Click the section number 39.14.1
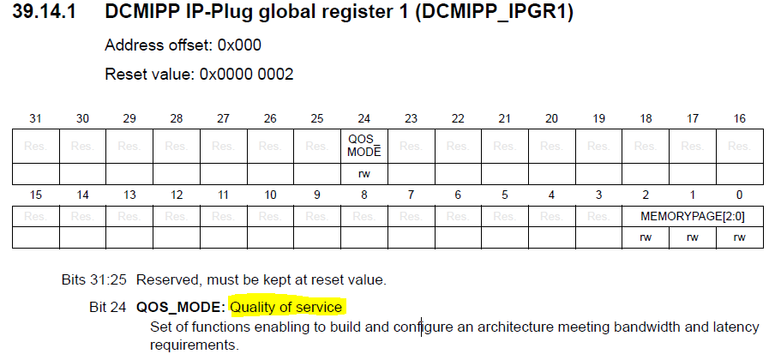coord(44,12)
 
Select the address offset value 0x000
coord(239,45)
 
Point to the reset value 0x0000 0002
coord(246,75)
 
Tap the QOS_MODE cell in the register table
coord(364,147)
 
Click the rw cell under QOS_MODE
coord(364,174)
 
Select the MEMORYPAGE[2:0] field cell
coord(693,217)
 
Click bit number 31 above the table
coord(36,118)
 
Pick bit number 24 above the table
coord(364,118)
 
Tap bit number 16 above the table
coord(739,118)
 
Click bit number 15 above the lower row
coord(36,195)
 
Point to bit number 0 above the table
coord(739,195)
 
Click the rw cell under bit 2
coord(646,237)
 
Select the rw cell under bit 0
coord(739,237)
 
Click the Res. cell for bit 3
coord(598,217)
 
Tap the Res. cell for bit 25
coord(317,147)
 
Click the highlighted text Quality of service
coord(286,308)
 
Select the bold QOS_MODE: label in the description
coord(181,308)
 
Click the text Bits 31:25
coord(94,280)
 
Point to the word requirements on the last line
coord(194,345)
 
